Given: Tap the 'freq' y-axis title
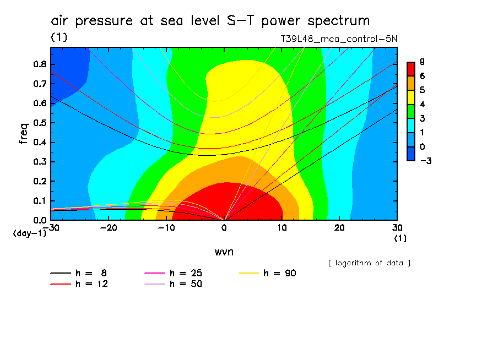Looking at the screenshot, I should [24, 133].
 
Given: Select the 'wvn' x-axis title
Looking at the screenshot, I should [224, 252].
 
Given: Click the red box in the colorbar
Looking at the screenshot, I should [410, 68].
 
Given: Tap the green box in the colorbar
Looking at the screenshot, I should [410, 111].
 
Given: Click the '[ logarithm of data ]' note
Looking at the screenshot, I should [369, 263].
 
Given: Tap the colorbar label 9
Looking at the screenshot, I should [421, 62].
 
